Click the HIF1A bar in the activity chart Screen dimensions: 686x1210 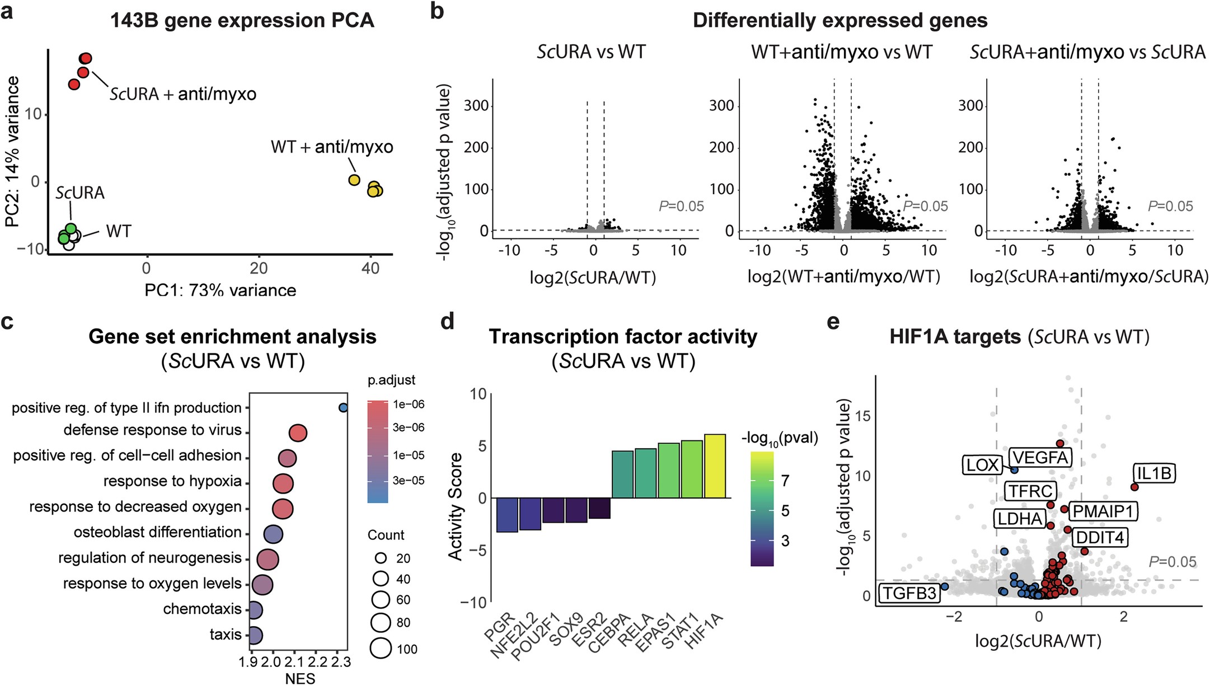[715, 466]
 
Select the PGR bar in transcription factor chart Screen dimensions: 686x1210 [507, 515]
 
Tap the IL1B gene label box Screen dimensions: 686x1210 [1154, 473]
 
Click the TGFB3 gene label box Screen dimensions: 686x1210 [909, 593]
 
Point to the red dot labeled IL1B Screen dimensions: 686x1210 [1134, 487]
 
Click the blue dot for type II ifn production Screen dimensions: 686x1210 [343, 408]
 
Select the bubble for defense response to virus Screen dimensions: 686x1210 [298, 433]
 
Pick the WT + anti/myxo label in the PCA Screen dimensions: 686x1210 [332, 147]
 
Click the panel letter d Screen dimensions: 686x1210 [447, 322]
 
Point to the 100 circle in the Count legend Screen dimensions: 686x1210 [381, 649]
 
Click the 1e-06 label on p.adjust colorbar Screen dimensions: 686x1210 [409, 404]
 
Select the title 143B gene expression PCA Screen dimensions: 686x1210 [242, 21]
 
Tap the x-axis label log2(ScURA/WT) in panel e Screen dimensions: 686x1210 [1038, 641]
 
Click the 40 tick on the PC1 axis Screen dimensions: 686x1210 [370, 268]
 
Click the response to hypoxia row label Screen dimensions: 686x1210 [172, 481]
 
